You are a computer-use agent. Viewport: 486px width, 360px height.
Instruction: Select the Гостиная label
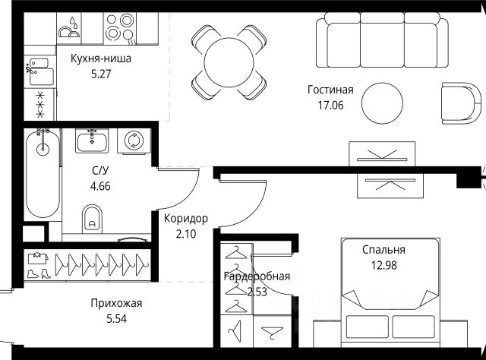tap(330, 90)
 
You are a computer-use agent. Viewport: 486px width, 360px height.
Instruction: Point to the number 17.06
tap(330, 105)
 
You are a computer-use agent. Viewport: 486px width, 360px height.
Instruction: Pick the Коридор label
tap(185, 219)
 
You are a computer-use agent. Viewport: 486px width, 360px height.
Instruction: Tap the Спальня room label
tap(383, 249)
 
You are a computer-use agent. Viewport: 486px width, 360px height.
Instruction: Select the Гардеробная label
tap(256, 276)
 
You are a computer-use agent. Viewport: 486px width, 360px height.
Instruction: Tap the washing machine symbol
tap(134, 141)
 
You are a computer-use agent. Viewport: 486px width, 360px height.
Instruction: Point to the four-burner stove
tap(119, 29)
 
